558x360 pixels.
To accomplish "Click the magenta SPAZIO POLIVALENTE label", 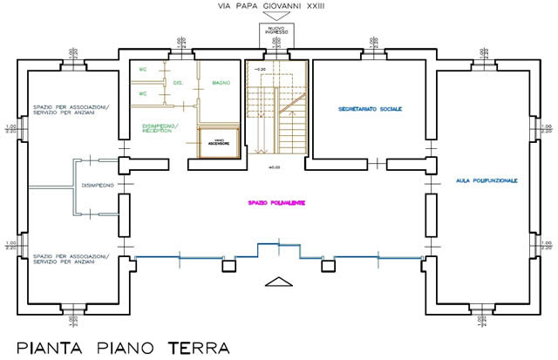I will [x=280, y=203].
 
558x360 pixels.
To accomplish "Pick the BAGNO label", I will [x=221, y=83].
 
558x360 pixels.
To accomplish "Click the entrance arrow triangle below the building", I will [x=277, y=281].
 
